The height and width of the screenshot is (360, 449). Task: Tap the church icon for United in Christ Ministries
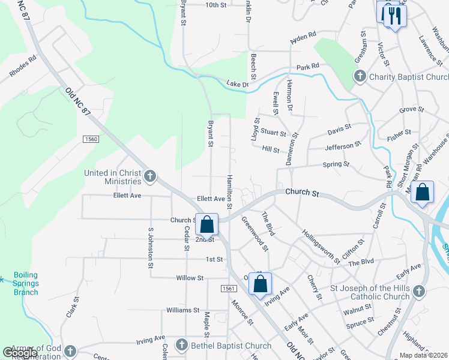tap(150, 176)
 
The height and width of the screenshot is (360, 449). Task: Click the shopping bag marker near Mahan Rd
tap(423, 193)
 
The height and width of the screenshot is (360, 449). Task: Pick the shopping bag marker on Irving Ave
tap(261, 283)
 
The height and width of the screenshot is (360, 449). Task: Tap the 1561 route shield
tap(228, 289)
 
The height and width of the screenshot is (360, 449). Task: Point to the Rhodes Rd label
tap(23, 67)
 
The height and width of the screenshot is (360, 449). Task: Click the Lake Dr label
tap(237, 84)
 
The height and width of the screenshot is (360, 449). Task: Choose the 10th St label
tap(215, 5)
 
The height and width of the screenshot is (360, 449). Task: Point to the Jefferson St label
tap(343, 145)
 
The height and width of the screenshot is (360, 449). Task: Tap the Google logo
tap(20, 353)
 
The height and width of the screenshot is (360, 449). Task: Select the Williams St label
tap(183, 310)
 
